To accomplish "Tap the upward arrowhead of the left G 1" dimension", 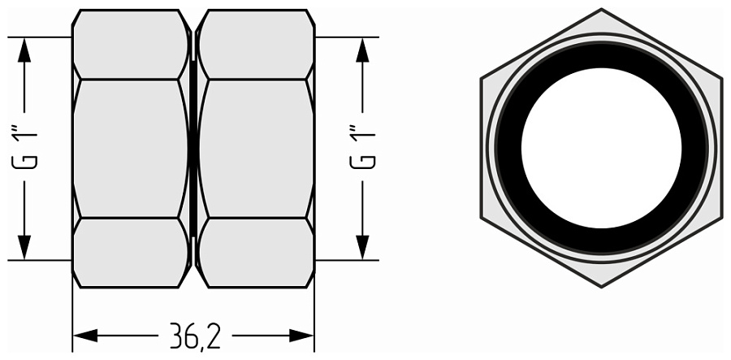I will (x=25, y=50).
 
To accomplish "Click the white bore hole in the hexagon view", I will (x=601, y=148).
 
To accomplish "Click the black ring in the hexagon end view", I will (x=601, y=55).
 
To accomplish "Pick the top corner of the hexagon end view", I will (x=601, y=10).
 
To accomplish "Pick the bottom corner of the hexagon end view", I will (x=601, y=286).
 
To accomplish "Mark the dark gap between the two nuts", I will (x=193, y=148).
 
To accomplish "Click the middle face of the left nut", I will (x=130, y=148).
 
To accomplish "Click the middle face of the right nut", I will (x=256, y=148).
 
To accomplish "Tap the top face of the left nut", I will (x=130, y=45).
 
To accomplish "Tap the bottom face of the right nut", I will (x=256, y=252).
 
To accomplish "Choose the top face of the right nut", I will (x=256, y=45).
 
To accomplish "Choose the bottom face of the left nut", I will (x=130, y=252).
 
